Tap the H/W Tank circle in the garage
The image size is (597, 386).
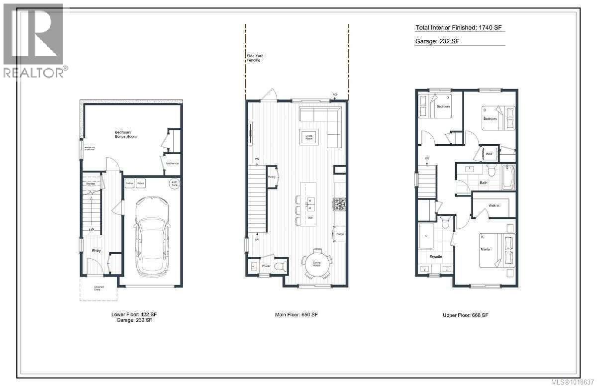(x=174, y=183)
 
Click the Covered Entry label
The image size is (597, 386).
(x=98, y=289)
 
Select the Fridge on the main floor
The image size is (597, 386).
(x=340, y=233)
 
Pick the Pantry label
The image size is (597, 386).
(x=272, y=177)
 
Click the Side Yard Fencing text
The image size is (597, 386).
(x=255, y=58)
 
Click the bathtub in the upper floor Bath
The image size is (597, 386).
(x=508, y=178)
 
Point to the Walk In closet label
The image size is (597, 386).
(x=494, y=205)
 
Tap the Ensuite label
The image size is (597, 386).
(x=436, y=257)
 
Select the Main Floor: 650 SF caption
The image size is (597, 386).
(x=296, y=315)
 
